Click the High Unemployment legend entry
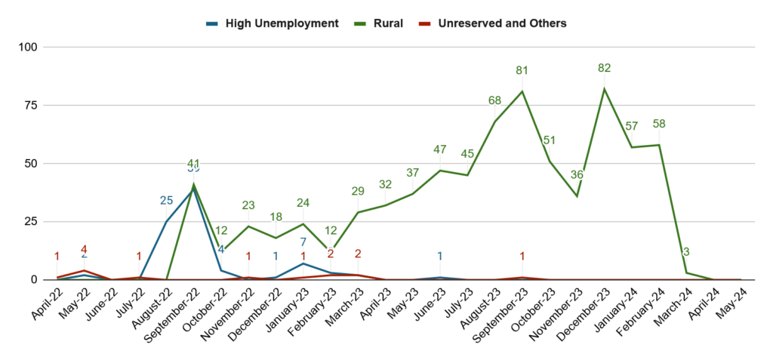click(273, 23)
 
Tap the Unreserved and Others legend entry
click(493, 23)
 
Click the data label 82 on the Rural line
click(604, 68)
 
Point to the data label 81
click(522, 71)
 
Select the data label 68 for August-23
click(495, 101)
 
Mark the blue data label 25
click(167, 201)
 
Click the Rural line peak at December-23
click(604, 89)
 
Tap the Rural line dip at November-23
click(577, 196)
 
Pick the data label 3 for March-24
click(686, 252)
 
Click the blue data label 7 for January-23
click(303, 242)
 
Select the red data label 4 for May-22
click(85, 250)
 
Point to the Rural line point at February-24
click(659, 145)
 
